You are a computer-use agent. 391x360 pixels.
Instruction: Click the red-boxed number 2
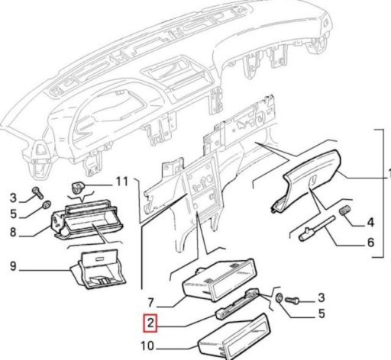point(150,323)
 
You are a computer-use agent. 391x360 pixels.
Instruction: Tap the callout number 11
point(122,182)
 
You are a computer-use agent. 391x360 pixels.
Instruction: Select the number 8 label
point(13,232)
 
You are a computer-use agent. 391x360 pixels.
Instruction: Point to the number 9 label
point(13,266)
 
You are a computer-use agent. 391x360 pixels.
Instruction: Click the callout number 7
point(150,303)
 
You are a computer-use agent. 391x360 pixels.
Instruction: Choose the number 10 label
point(147,346)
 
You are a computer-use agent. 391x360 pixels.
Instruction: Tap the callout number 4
point(370,223)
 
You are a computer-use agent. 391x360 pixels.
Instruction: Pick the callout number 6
point(370,243)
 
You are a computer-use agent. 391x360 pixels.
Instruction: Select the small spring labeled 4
point(345,211)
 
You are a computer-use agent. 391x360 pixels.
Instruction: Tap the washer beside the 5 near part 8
point(47,205)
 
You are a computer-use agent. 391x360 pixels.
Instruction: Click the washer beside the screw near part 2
point(280,297)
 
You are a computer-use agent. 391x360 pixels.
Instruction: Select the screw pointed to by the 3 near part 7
point(292,301)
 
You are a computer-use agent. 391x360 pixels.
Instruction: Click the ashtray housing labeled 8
point(87,220)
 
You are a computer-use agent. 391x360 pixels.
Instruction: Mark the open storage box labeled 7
point(219,280)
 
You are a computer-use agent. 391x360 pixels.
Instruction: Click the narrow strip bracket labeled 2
point(238,304)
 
